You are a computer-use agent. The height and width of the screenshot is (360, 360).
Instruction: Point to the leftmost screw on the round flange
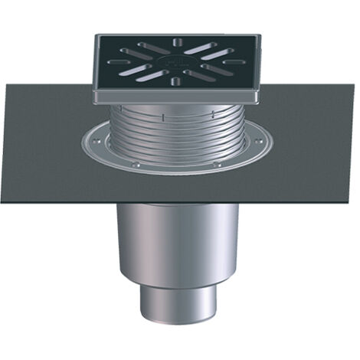90,141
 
